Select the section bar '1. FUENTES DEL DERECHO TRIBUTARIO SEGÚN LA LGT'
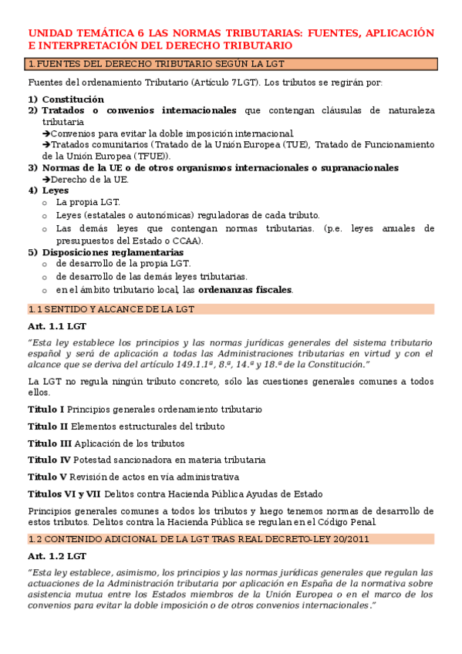(231, 65)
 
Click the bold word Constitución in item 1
(73, 99)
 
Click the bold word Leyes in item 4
(56, 190)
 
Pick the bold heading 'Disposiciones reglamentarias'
(113, 252)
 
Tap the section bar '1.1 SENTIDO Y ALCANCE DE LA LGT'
(231, 309)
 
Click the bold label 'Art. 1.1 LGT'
(56, 326)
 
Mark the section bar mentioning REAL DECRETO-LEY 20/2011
(231, 538)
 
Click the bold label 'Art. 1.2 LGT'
(56, 555)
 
